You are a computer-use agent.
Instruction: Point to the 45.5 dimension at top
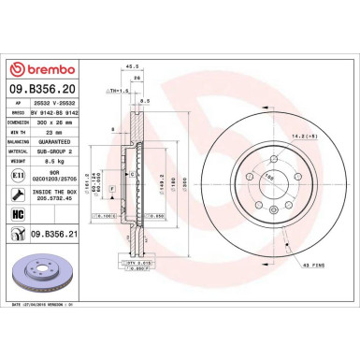coord(132,67)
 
